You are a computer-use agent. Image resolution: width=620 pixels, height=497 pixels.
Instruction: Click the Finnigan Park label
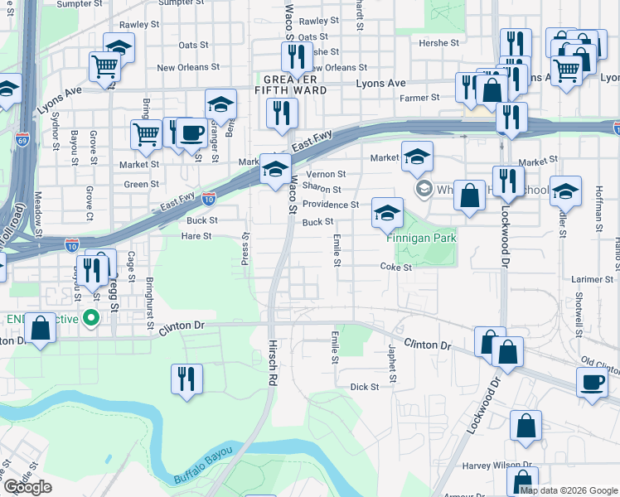421,238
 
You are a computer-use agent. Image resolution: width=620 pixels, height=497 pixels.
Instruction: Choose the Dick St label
364,387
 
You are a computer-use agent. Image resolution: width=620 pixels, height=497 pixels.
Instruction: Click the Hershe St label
438,43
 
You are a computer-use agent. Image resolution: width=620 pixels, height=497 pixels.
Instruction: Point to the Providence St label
330,205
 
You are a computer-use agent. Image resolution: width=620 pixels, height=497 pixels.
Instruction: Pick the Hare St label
196,236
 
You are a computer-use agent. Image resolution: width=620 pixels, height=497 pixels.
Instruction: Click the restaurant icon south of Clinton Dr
186,379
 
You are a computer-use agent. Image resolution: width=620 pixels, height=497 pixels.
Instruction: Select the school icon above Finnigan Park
386,212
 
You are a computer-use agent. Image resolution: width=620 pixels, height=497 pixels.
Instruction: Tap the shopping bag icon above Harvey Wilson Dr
526,426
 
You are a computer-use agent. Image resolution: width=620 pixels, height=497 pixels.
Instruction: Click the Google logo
27,486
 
